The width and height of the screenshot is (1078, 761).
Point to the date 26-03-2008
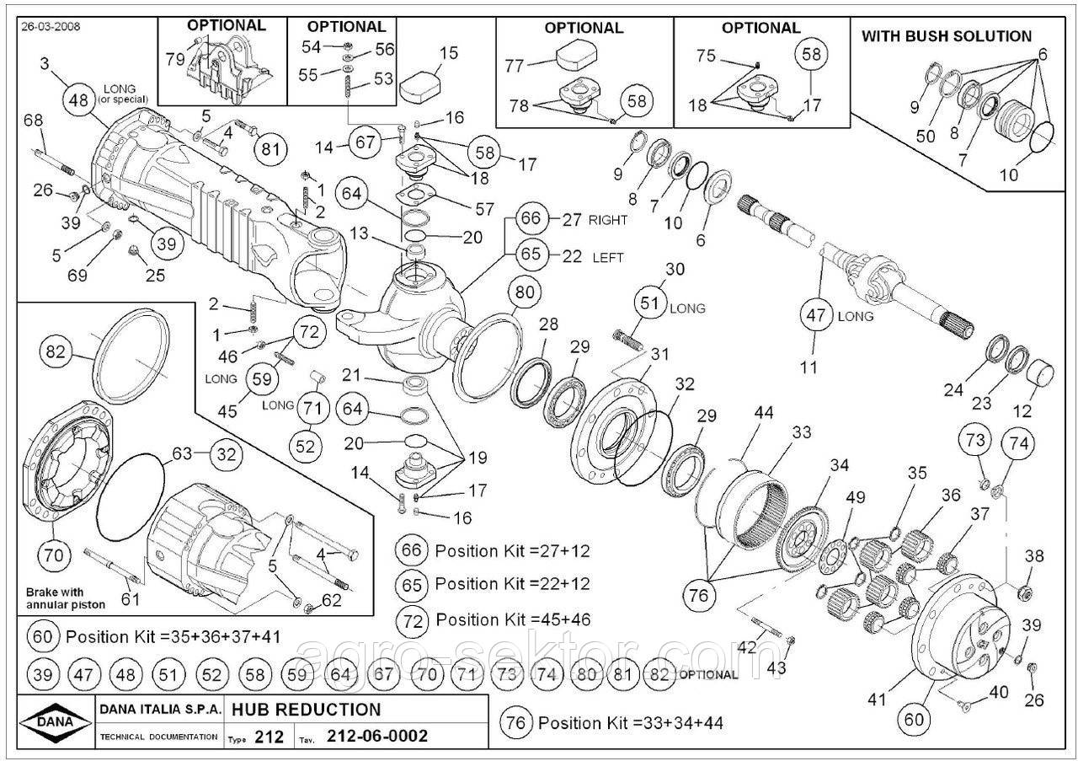[51, 27]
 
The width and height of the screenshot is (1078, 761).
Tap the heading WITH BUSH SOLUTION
[947, 36]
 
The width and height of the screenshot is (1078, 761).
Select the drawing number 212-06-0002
[376, 737]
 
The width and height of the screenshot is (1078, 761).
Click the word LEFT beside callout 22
[608, 257]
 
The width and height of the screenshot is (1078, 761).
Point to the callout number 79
[175, 58]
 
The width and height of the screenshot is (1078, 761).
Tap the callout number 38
[1033, 555]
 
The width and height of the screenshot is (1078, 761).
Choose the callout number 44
[764, 413]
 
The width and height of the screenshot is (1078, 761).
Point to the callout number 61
[131, 599]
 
